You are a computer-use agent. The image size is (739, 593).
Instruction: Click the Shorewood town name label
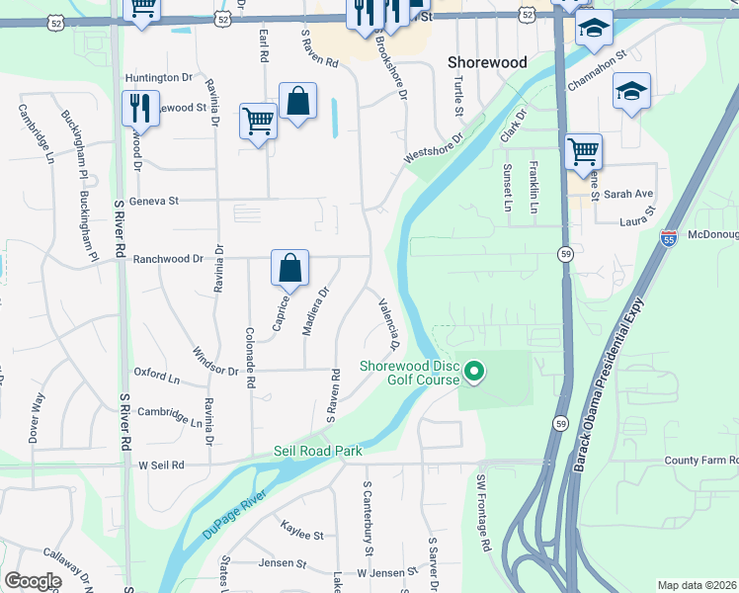(487, 61)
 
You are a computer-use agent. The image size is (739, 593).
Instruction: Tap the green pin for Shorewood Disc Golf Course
(474, 372)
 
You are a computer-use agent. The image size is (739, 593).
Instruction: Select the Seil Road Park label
(318, 451)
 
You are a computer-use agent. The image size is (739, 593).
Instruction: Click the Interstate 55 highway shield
(669, 237)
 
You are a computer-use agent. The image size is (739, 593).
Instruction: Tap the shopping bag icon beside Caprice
(290, 268)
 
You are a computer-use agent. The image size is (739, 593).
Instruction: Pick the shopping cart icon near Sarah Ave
(583, 152)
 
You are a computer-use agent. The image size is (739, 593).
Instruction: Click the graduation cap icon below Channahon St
(631, 92)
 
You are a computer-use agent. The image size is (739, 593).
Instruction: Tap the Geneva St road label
(159, 201)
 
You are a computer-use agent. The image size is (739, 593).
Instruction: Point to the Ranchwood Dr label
(169, 258)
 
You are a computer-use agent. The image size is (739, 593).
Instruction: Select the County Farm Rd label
(700, 461)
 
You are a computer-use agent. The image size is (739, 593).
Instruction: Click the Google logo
(33, 581)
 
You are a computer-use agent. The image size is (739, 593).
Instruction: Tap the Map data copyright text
(697, 585)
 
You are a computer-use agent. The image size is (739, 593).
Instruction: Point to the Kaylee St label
(302, 535)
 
